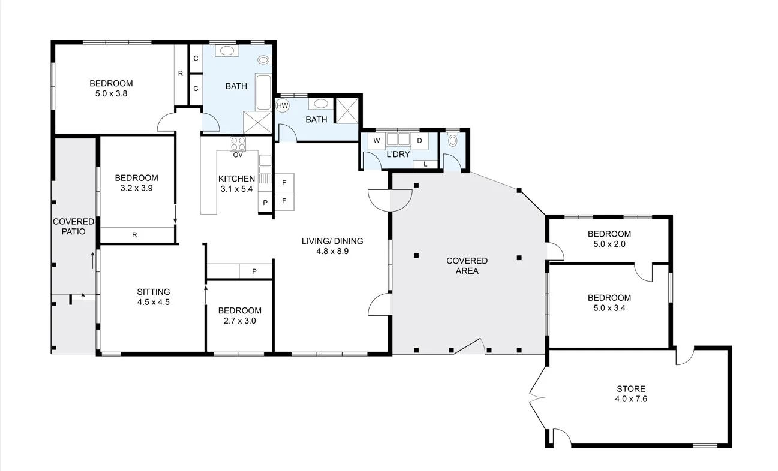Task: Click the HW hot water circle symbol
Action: pyautogui.click(x=283, y=105)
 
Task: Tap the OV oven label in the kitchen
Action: pyautogui.click(x=238, y=155)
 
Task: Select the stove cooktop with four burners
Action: pyautogui.click(x=238, y=144)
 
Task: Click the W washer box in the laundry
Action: pyautogui.click(x=376, y=141)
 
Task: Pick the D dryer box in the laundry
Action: pyautogui.click(x=419, y=141)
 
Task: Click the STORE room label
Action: pyautogui.click(x=631, y=388)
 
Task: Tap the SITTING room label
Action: pyautogui.click(x=154, y=292)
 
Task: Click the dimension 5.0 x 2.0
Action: pyautogui.click(x=609, y=244)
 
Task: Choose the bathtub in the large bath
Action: pyautogui.click(x=263, y=92)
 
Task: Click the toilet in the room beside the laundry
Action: pyautogui.click(x=453, y=140)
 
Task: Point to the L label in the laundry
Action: pyautogui.click(x=425, y=164)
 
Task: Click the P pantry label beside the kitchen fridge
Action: pyautogui.click(x=265, y=203)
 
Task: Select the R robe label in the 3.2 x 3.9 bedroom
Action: pyautogui.click(x=134, y=235)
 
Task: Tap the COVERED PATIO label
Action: pyautogui.click(x=73, y=226)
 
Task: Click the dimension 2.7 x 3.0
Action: pyautogui.click(x=239, y=321)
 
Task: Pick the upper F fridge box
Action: pyautogui.click(x=284, y=182)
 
